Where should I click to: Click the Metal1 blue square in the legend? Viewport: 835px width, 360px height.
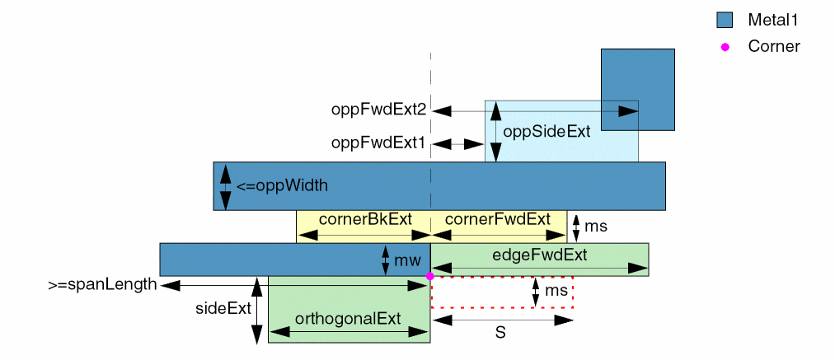pyautogui.click(x=725, y=20)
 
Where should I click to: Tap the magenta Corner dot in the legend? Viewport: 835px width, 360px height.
pyautogui.click(x=725, y=47)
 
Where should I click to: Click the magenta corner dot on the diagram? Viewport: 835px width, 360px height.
pyautogui.click(x=430, y=276)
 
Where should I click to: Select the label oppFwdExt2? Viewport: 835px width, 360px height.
pyautogui.click(x=378, y=110)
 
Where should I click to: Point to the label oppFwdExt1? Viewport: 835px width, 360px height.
pyautogui.click(x=378, y=143)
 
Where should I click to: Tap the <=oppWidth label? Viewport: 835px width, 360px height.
pyautogui.click(x=282, y=185)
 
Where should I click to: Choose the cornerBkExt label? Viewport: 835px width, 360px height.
pyautogui.click(x=354, y=219)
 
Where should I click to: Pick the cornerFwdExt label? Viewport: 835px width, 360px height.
pyautogui.click(x=497, y=219)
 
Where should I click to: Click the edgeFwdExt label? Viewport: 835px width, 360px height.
pyautogui.click(x=539, y=255)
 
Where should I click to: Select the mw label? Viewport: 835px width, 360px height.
pyautogui.click(x=402, y=261)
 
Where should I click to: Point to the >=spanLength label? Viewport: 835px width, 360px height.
pyautogui.click(x=102, y=285)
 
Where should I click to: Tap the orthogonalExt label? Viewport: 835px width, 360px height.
pyautogui.click(x=348, y=319)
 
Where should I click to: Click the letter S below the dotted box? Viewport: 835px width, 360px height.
pyautogui.click(x=500, y=333)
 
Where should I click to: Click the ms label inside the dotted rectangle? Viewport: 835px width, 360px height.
pyautogui.click(x=556, y=291)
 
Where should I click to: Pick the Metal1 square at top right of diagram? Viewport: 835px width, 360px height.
pyautogui.click(x=638, y=89)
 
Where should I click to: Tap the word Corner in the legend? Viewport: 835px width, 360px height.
pyautogui.click(x=773, y=47)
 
